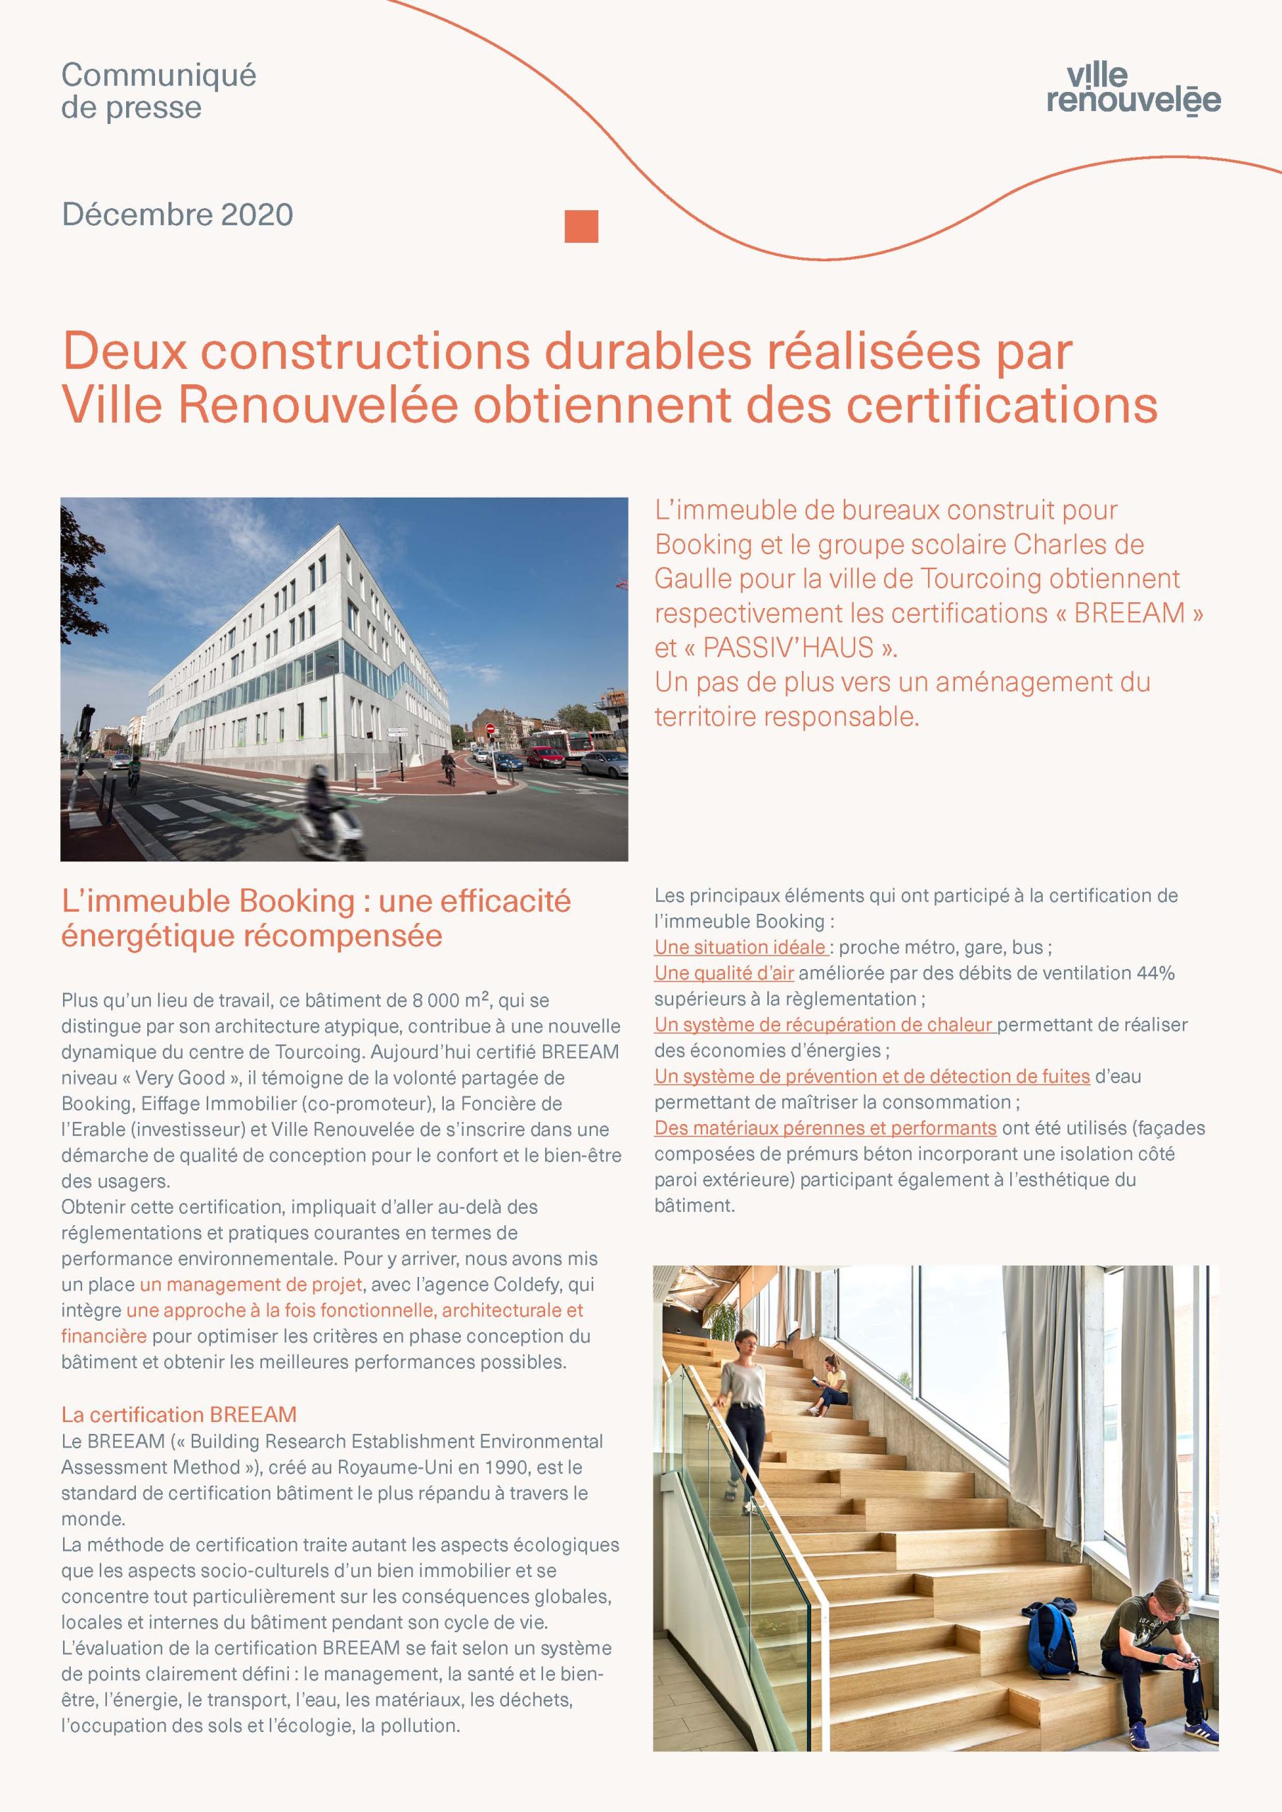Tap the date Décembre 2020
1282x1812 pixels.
pos(178,214)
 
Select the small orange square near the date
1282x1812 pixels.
pos(582,226)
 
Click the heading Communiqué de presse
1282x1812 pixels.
pos(159,91)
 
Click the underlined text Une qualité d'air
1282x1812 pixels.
pos(724,973)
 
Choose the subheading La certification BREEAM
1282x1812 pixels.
pos(179,1415)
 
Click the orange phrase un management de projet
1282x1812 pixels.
pos(251,1285)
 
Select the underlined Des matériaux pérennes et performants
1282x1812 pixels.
pos(825,1128)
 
